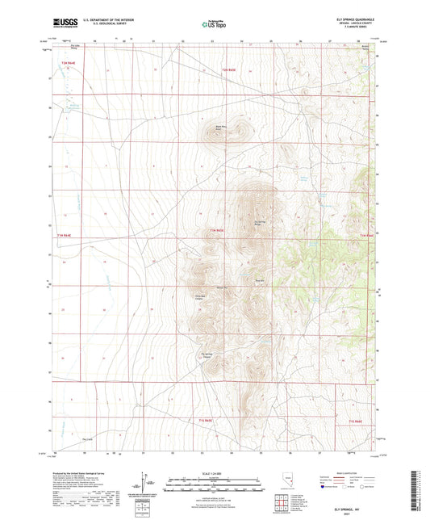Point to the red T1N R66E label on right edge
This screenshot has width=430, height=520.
point(365,235)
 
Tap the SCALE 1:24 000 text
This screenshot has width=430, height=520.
point(215,472)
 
